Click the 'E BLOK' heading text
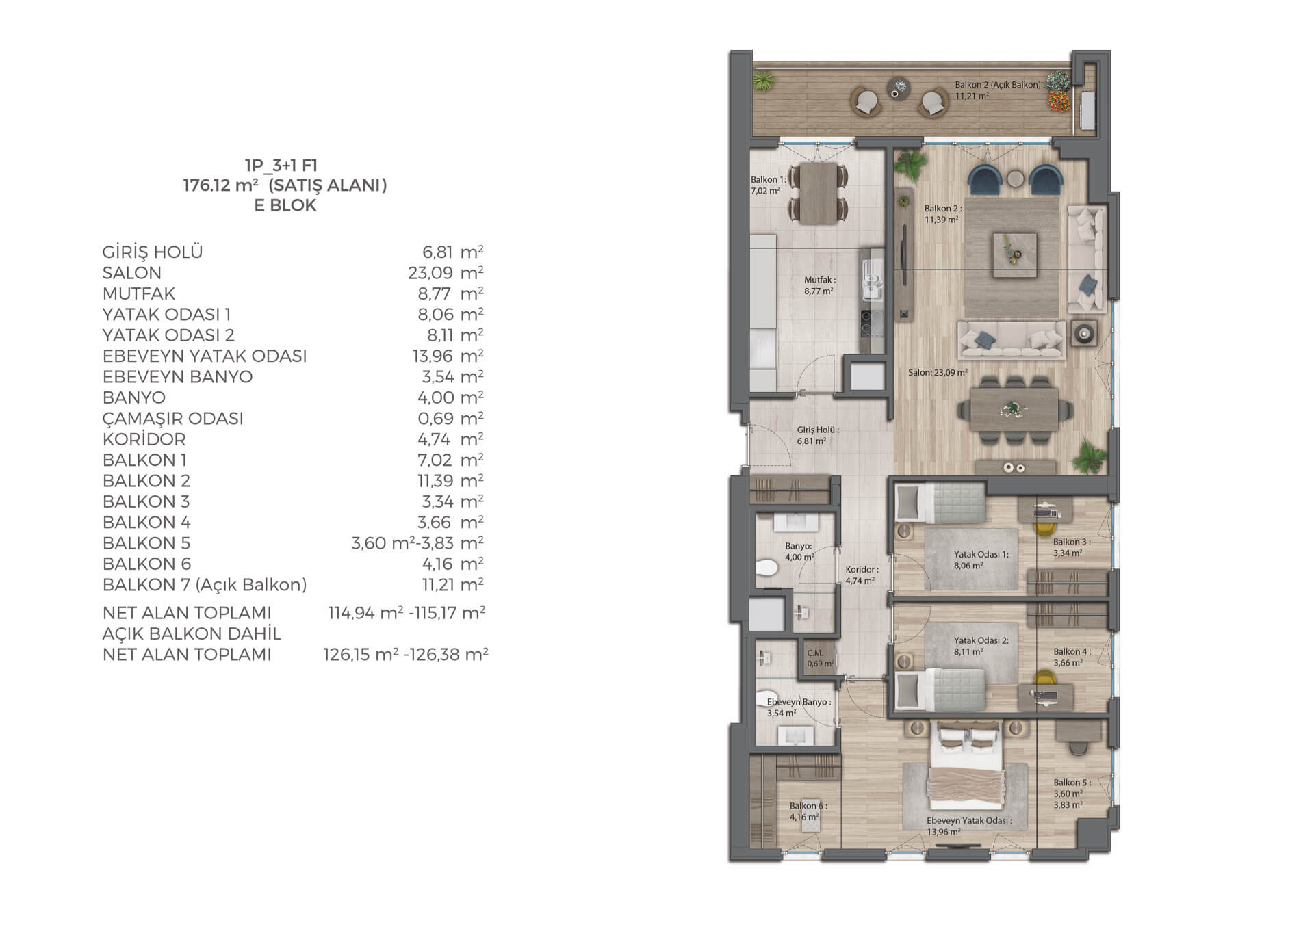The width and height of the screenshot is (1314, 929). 285,205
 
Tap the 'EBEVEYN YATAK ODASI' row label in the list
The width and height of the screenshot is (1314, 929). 205,356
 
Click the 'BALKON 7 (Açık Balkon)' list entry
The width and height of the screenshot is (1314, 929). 205,585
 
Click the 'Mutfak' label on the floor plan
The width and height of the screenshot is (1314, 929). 819,280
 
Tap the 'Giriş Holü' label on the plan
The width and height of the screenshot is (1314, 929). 818,430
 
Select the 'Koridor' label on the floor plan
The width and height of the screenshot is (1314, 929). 862,569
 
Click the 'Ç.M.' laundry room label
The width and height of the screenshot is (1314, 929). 814,653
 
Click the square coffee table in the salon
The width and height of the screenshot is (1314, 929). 1014,254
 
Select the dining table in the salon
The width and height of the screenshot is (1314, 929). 1014,409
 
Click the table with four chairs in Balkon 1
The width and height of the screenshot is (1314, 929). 819,193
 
